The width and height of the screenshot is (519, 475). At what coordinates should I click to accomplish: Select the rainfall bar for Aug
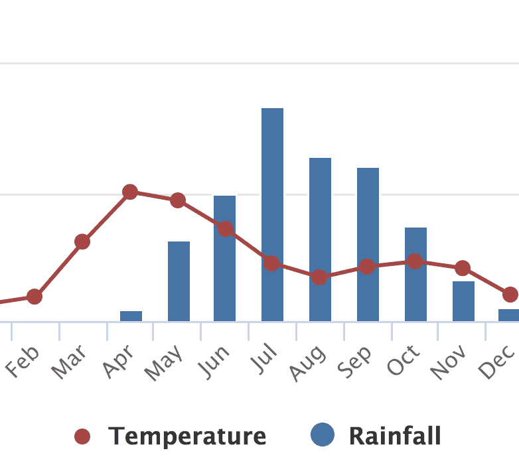click(320, 239)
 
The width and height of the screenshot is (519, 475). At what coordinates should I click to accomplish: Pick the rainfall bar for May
click(179, 281)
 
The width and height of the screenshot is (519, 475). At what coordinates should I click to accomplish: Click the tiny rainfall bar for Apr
click(131, 316)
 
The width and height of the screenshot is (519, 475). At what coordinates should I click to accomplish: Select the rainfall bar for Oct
click(415, 274)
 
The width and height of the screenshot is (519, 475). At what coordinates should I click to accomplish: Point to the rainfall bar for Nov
click(463, 301)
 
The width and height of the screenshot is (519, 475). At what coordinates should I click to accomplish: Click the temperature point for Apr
click(130, 192)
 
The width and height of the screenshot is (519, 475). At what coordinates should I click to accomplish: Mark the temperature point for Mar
click(82, 241)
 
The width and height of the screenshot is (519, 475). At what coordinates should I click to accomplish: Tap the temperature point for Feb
click(35, 297)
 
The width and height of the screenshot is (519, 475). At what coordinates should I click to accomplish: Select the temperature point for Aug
click(319, 277)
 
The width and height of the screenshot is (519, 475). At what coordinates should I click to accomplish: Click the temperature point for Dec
click(510, 294)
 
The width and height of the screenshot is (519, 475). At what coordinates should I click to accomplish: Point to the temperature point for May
click(178, 200)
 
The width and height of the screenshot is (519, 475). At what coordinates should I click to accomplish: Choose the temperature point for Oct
click(415, 261)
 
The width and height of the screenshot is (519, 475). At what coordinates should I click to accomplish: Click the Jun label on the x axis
click(217, 361)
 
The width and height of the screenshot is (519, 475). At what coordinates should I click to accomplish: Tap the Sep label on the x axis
click(359, 361)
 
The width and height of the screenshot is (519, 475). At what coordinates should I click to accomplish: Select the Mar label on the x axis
click(72, 362)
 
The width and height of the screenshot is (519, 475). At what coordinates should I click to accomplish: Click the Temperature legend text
click(187, 437)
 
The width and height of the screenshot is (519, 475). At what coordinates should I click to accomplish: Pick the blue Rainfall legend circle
click(323, 436)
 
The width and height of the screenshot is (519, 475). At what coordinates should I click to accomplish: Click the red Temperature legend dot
click(82, 437)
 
